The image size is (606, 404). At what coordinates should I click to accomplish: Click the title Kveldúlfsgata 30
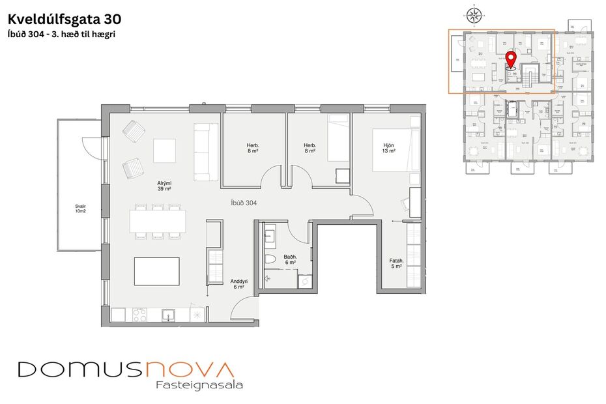click(x=64, y=19)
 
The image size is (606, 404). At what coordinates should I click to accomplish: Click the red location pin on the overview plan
click(x=511, y=59)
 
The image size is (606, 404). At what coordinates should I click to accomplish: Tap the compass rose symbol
click(x=474, y=14)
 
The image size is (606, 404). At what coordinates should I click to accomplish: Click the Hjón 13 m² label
click(x=388, y=147)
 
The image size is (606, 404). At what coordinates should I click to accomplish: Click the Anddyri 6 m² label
click(x=237, y=284)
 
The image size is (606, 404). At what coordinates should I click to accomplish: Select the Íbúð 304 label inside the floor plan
click(x=244, y=203)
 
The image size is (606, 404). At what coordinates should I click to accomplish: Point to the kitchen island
click(x=156, y=271)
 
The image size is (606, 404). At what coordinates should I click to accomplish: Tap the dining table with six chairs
click(x=157, y=220)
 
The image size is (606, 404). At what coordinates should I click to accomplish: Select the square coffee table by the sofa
click(x=164, y=151)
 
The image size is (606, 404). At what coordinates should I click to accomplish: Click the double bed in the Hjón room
click(x=396, y=150)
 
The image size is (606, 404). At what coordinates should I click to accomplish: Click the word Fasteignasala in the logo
click(x=199, y=385)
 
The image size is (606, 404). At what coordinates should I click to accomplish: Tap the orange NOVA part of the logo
click(x=189, y=369)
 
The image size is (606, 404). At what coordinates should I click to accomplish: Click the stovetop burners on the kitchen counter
click(x=140, y=315)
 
